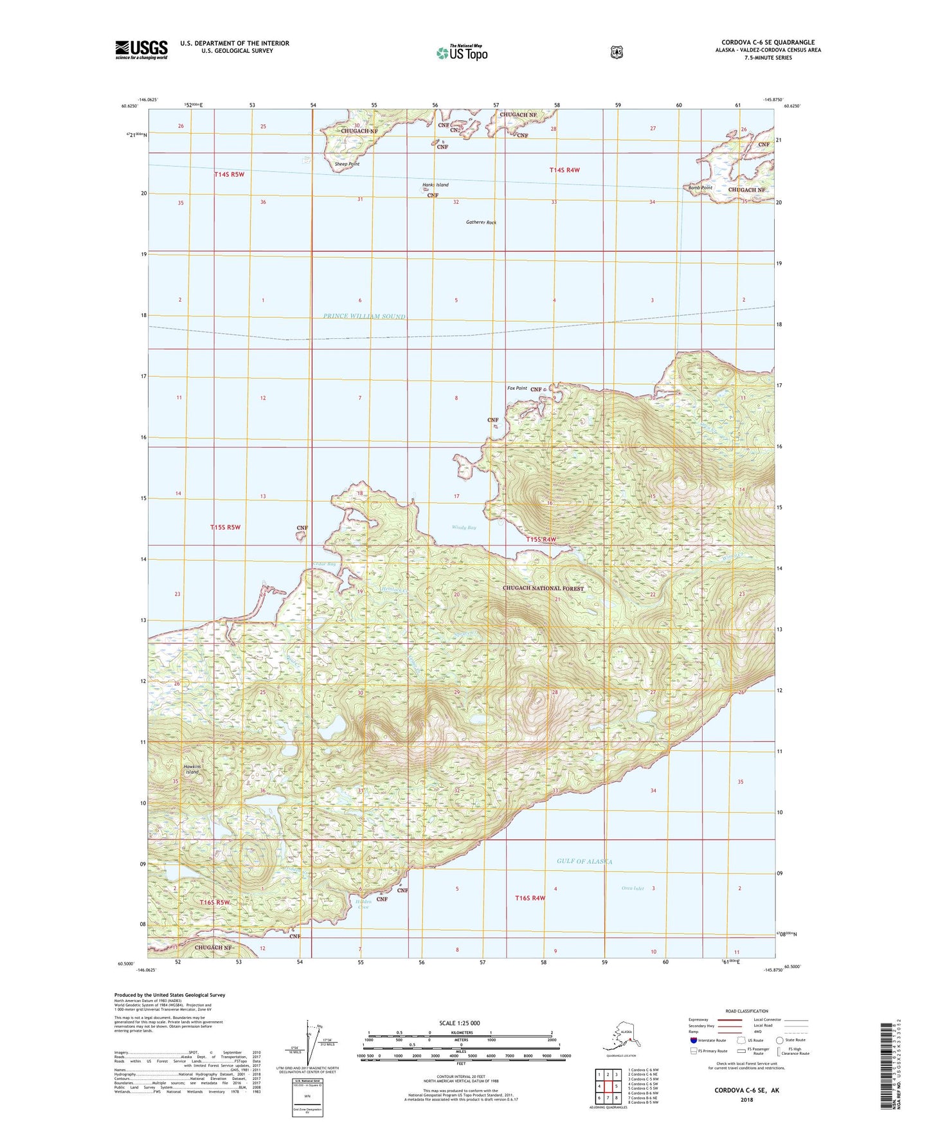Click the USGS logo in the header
[x=141, y=50]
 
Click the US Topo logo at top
[x=461, y=53]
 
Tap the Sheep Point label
[x=347, y=164]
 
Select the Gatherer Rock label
[x=481, y=223]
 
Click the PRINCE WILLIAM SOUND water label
[x=365, y=316]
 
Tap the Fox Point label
[x=517, y=388]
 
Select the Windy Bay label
[x=464, y=527]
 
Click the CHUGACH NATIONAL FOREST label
[x=544, y=589]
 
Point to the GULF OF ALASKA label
[x=584, y=861]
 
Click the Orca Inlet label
[x=633, y=888]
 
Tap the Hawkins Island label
[x=192, y=769]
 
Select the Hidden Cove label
[x=363, y=904]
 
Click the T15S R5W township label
[x=225, y=527]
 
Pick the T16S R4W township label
[x=530, y=898]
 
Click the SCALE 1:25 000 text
[x=460, y=1023]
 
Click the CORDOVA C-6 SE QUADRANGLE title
[x=768, y=42]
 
